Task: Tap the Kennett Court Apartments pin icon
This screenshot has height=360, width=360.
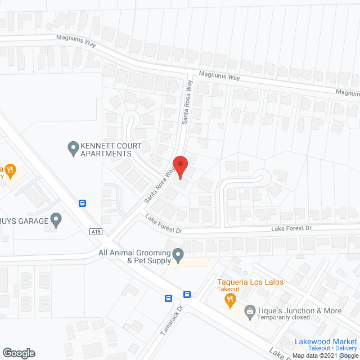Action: (73, 148)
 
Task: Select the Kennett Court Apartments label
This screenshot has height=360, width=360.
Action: (106, 149)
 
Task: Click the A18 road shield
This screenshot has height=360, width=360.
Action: (96, 231)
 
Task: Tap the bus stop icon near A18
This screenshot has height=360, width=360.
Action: (83, 204)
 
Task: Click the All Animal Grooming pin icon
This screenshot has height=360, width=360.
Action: (178, 256)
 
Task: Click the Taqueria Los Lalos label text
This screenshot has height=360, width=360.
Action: (250, 282)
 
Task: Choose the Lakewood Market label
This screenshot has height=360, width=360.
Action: (326, 341)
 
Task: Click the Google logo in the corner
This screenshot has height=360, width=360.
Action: (18, 353)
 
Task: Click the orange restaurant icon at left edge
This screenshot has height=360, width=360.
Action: (10, 169)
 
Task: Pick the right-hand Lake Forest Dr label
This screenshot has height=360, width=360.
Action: (291, 228)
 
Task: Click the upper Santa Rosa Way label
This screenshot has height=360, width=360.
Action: (187, 105)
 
